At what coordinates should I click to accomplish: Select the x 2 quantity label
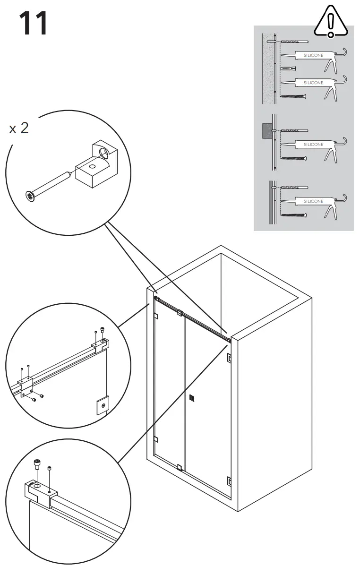coord(19,128)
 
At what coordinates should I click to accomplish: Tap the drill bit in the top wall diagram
coord(293,42)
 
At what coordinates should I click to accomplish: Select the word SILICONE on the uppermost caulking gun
coord(313,56)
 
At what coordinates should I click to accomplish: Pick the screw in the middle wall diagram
coord(293,158)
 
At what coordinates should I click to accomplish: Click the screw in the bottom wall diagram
coord(293,215)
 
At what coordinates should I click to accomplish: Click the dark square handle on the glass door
coord(191,398)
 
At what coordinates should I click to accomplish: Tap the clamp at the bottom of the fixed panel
coord(179,468)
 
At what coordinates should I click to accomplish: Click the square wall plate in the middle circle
coord(103,405)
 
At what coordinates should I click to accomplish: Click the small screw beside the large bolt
coord(50,468)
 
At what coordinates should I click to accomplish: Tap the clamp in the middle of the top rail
coord(179,312)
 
